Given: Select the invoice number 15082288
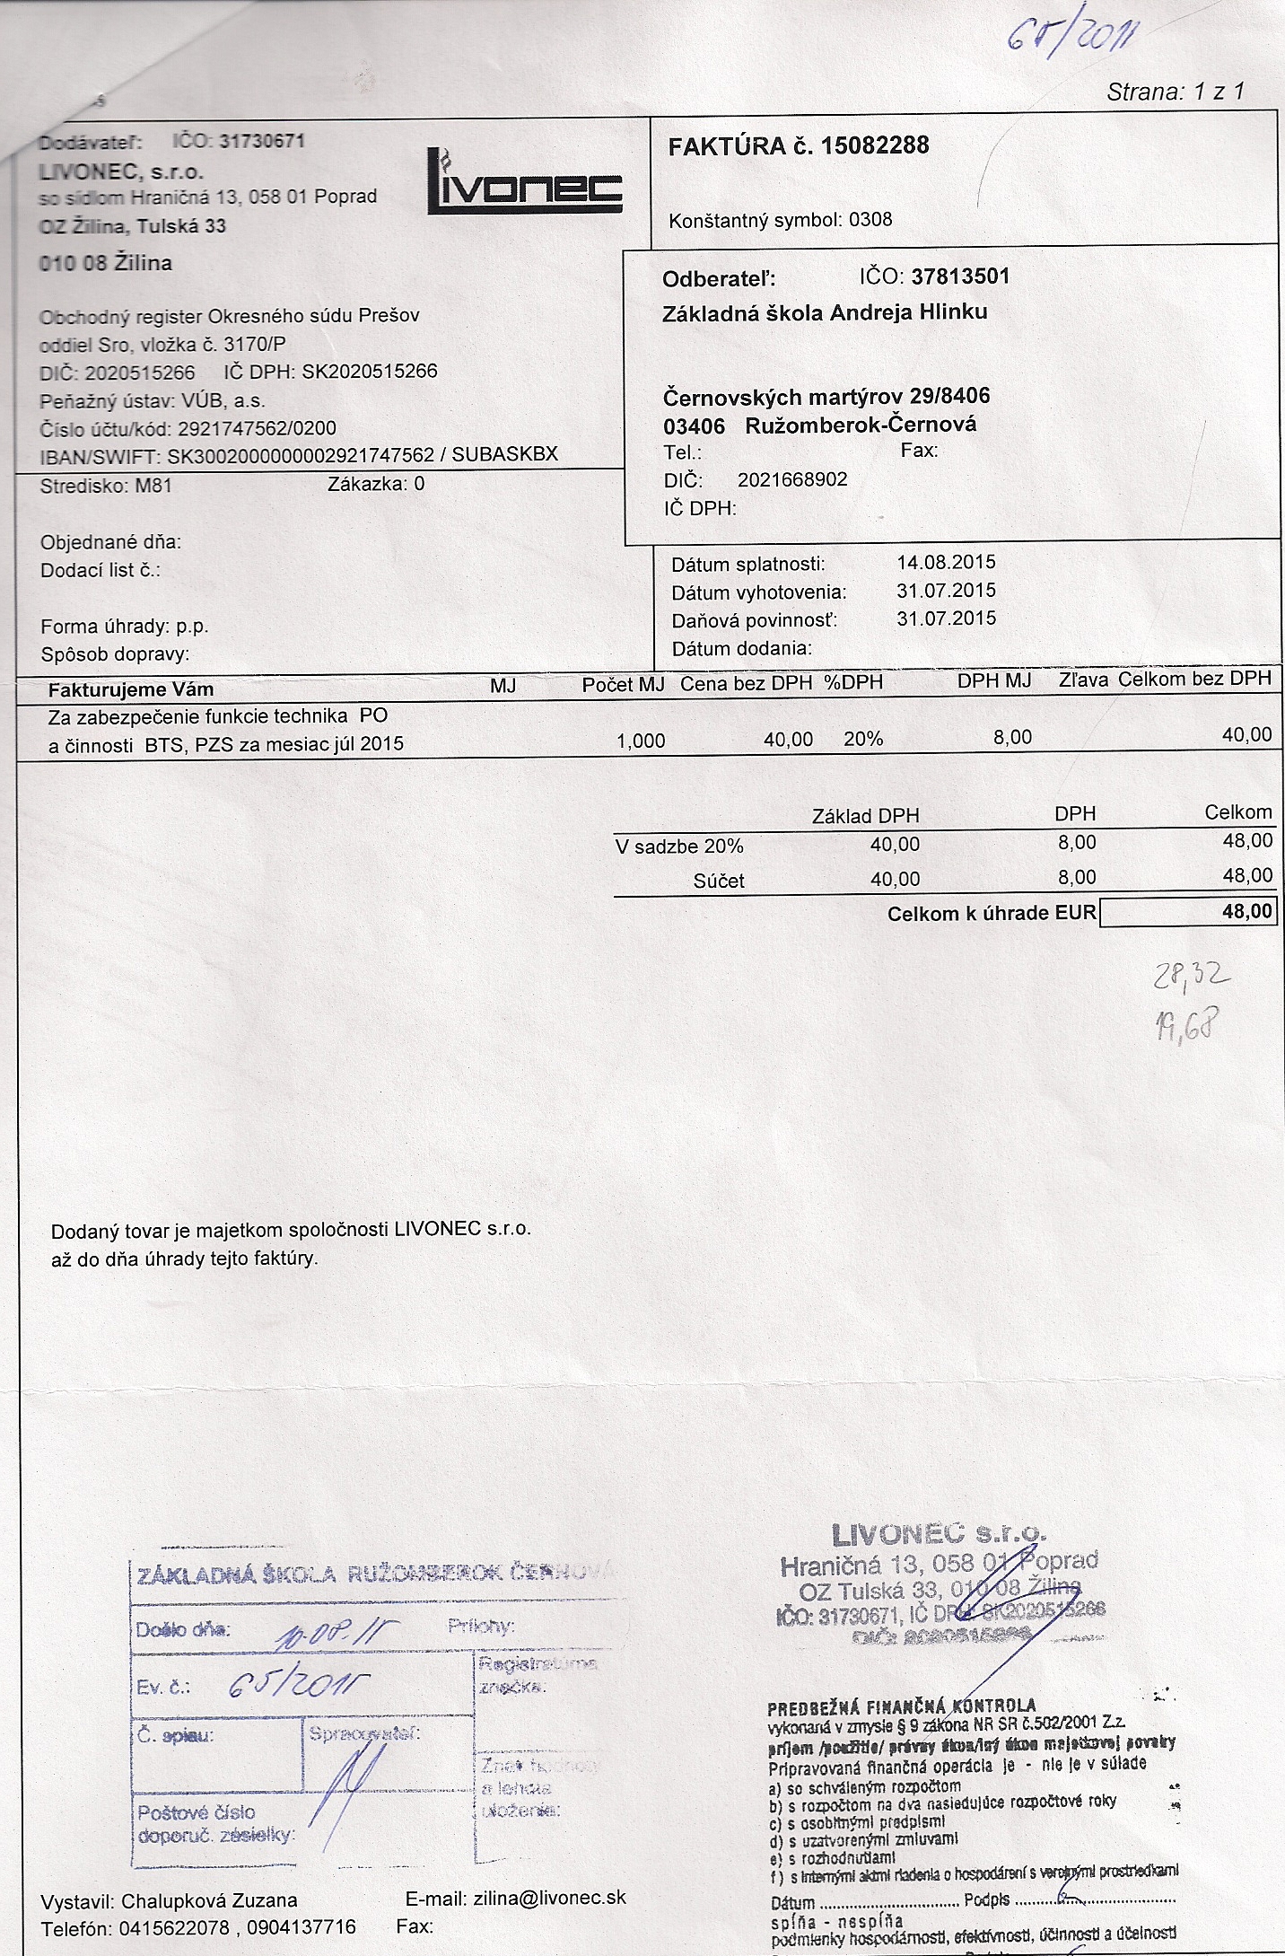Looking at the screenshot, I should [875, 145].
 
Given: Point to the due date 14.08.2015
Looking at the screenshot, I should [946, 563].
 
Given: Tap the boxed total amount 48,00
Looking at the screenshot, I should [1246, 912].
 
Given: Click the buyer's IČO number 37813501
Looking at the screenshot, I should [960, 276].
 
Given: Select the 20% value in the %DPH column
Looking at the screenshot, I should [863, 739].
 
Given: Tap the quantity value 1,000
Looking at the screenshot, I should [641, 741].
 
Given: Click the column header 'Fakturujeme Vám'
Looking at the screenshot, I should [131, 689].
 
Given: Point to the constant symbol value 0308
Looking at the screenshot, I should [870, 220].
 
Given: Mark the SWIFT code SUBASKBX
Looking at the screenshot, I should [504, 455].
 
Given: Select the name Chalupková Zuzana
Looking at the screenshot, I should [209, 1900].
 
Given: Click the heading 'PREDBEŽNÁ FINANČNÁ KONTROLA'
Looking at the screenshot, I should [902, 1706].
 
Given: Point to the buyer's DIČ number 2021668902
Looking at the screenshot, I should [792, 480].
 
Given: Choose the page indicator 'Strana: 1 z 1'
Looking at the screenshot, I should [1175, 92].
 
